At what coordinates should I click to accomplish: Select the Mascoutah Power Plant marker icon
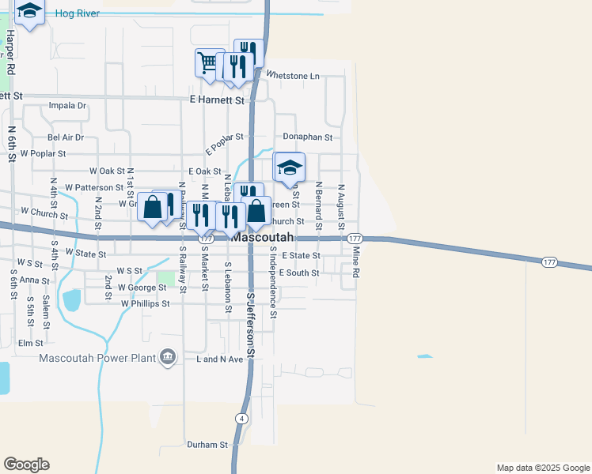coord(168,358)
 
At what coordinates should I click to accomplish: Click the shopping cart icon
coord(208,63)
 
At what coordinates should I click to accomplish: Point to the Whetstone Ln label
coord(293,76)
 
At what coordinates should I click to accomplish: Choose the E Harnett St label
coord(218,100)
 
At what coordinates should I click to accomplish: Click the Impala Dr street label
coord(67,105)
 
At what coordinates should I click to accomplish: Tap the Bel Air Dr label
coord(66,137)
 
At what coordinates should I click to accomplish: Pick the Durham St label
coord(207,445)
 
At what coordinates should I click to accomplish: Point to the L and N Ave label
coord(220,359)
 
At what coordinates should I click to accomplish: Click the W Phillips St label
coord(145,303)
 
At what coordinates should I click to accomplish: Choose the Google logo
coord(26,465)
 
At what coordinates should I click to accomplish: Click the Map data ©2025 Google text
coord(542,468)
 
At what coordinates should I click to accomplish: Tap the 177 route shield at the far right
coord(549,262)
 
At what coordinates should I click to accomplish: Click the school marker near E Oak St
coord(289,167)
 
